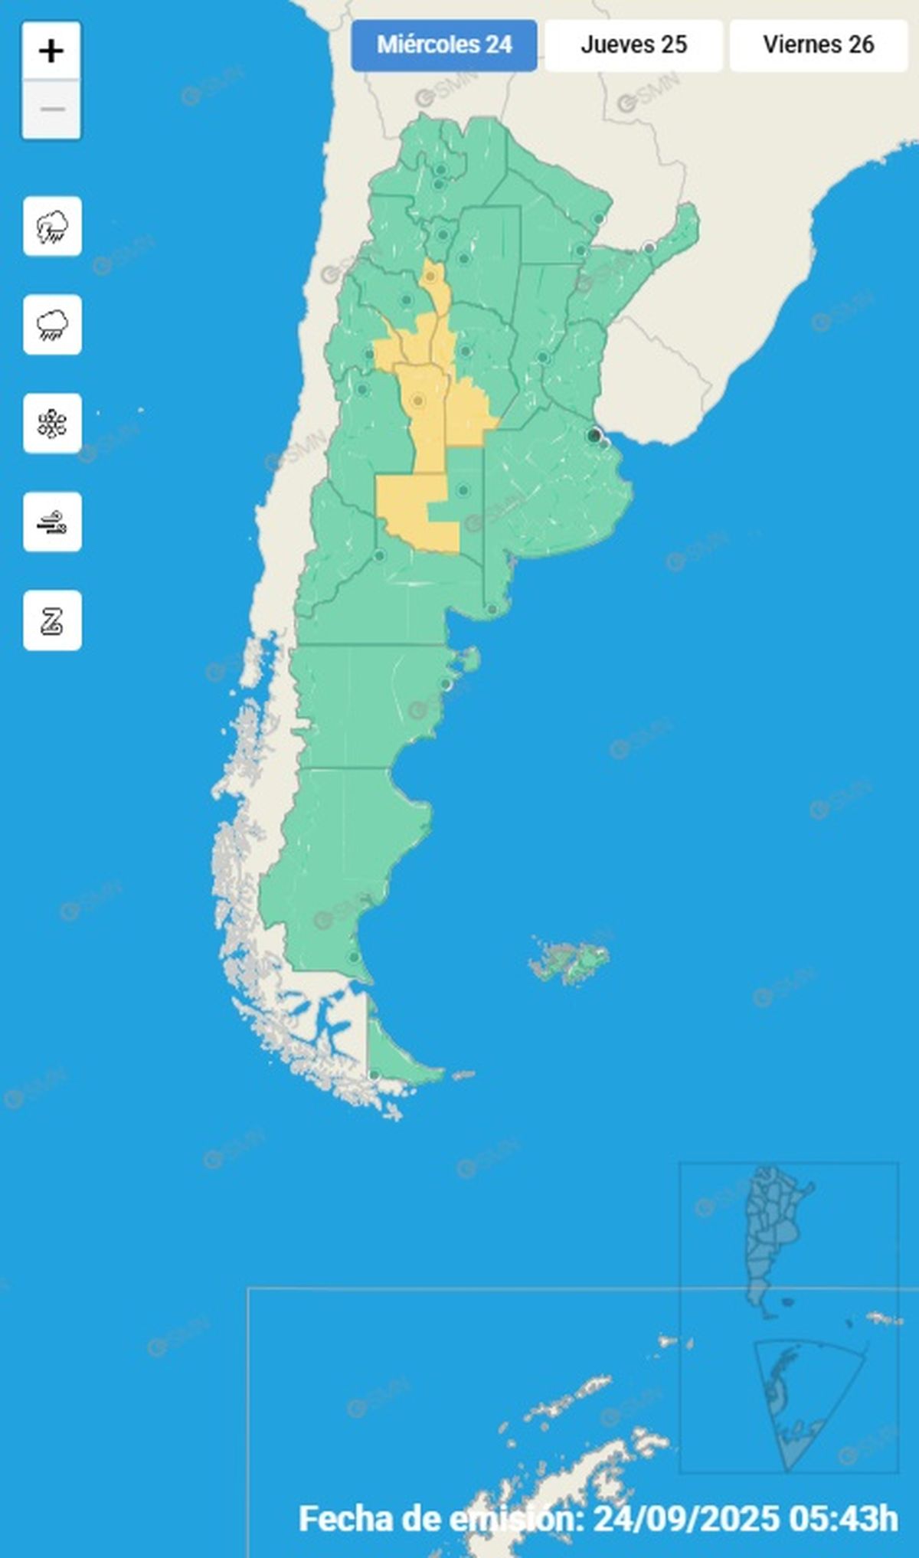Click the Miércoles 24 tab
pos(444,45)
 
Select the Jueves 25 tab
pos(633,45)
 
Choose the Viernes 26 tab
pos(818,45)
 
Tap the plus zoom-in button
pos(51,51)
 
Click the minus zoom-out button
pos(51,110)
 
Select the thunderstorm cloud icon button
pos(52,227)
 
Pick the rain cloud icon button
pos(52,325)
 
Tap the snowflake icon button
pos(52,424)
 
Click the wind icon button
pos(52,522)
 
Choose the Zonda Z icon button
pos(52,620)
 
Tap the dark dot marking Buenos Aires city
pos(594,436)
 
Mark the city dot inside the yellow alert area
pos(418,400)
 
